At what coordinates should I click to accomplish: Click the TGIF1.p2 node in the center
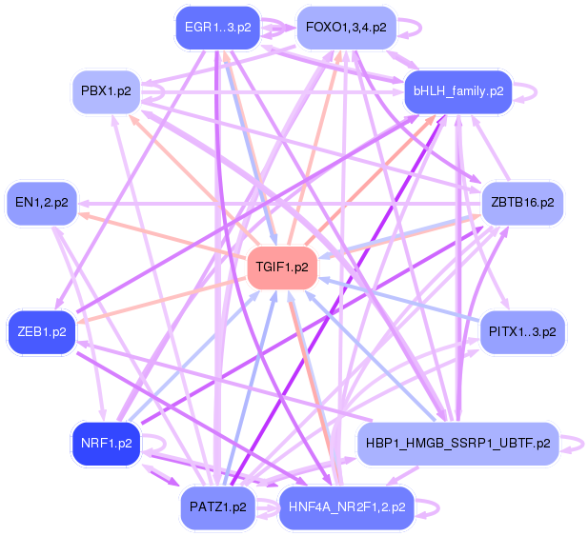pyautogui.click(x=282, y=267)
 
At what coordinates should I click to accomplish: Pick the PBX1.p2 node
pyautogui.click(x=107, y=91)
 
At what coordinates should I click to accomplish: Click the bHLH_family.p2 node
pyautogui.click(x=458, y=91)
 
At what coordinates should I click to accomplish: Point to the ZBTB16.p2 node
pyautogui.click(x=522, y=202)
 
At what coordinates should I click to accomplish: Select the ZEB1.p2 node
pyautogui.click(x=42, y=331)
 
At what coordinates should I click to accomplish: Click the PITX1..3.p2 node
pyautogui.click(x=522, y=331)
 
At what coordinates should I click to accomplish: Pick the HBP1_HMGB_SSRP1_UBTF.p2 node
pyautogui.click(x=457, y=443)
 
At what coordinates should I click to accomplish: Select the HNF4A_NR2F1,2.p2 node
pyautogui.click(x=347, y=507)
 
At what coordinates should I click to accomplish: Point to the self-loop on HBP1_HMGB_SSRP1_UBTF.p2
pyautogui.click(x=573, y=443)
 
